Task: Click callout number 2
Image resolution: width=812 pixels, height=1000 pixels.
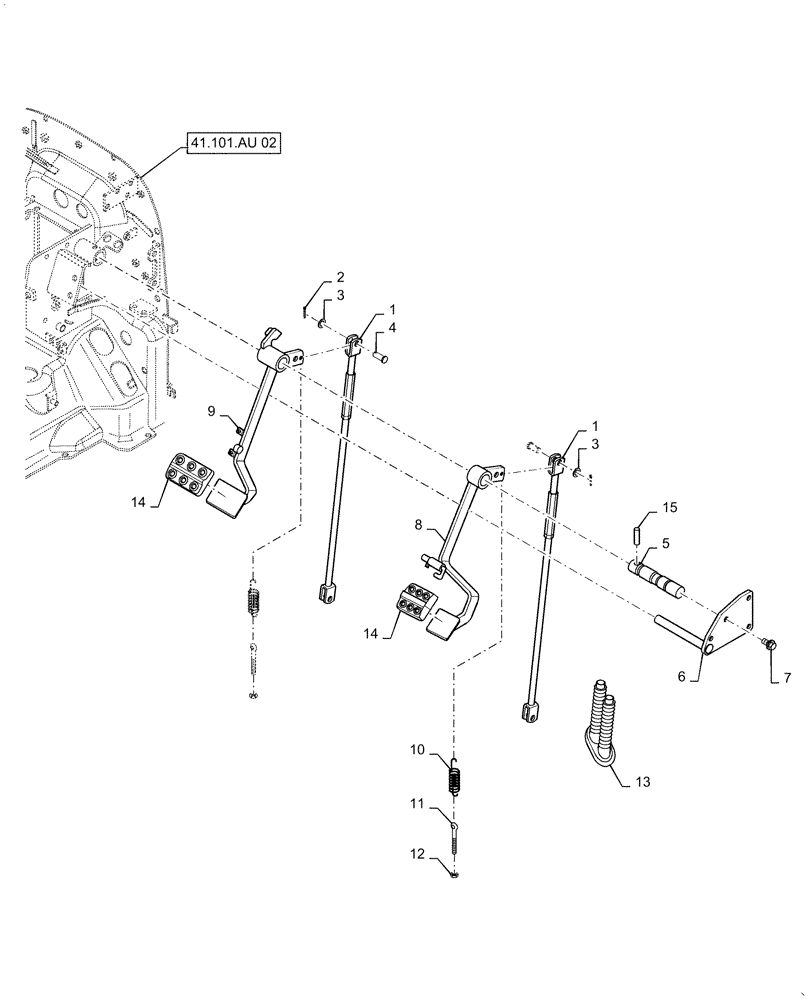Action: tap(341, 277)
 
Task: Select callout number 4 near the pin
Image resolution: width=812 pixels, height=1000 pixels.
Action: tap(392, 327)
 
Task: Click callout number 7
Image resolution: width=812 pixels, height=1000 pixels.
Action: tap(786, 678)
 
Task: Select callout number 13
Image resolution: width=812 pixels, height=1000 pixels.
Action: tap(642, 780)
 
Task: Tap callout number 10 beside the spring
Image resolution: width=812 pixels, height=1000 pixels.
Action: tap(416, 748)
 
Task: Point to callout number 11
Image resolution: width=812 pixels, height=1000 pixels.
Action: tap(416, 802)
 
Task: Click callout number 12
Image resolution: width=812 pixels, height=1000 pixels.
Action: tap(416, 854)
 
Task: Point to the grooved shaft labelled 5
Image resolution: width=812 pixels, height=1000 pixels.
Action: tap(656, 579)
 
